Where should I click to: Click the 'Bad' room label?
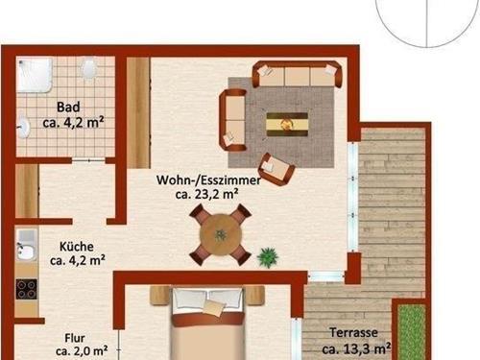pos(68,107)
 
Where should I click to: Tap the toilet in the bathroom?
pos(88,67)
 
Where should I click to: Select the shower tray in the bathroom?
pos(35,75)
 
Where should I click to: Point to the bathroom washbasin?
pos(23,127)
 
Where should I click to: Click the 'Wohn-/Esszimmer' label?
pos(208,180)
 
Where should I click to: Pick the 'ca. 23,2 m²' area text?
pos(206,194)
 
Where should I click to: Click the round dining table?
pos(221,235)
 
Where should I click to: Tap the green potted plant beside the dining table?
pos(268,257)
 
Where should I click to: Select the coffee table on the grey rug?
pos(287,124)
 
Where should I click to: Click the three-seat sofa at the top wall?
pos(297,74)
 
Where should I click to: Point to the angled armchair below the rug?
pos(276,169)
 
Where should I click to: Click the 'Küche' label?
pos(77,247)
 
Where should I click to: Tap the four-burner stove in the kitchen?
pos(26,289)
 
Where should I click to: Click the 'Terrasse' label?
pos(353,333)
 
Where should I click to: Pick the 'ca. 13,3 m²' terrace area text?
pos(356,348)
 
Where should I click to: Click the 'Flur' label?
pos(75,338)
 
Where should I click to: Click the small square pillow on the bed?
pos(212,307)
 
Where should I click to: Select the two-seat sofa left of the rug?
pos(232,120)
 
